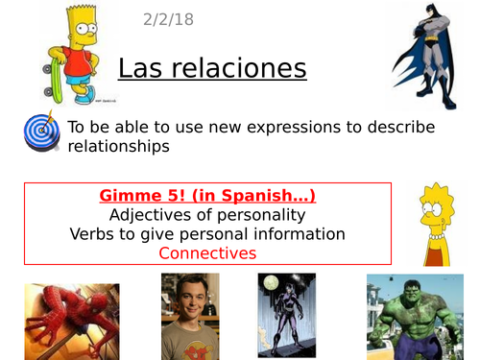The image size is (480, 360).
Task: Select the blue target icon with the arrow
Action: tap(42, 133)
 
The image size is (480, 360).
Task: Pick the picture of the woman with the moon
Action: tap(287, 316)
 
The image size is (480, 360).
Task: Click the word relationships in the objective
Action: tap(119, 147)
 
